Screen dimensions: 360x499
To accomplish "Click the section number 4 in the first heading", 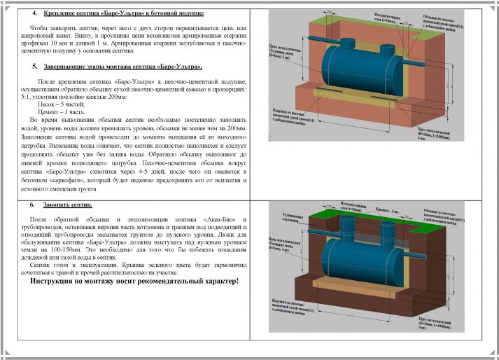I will tap(34, 14).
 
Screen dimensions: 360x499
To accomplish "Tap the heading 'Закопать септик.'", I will tap(69, 206).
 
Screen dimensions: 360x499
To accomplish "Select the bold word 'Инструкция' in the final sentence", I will tap(57, 281).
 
